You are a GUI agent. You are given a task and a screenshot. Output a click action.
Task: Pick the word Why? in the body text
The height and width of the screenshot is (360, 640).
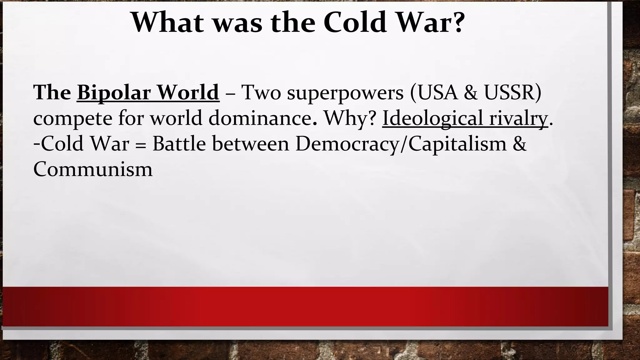pyautogui.click(x=349, y=118)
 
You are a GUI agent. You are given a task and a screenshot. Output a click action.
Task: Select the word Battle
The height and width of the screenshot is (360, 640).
pyautogui.click(x=179, y=144)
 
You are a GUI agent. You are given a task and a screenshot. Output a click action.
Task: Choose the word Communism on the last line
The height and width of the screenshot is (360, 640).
pyautogui.click(x=93, y=169)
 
